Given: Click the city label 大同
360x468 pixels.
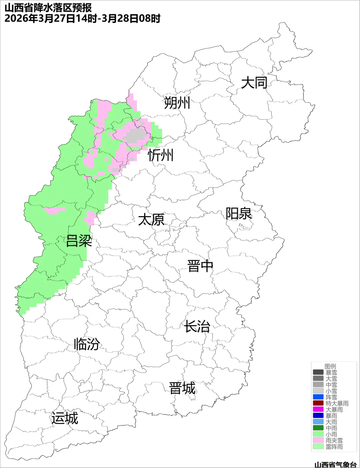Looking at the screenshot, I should coord(254,83).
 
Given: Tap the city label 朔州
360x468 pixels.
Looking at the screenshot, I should coord(177,103).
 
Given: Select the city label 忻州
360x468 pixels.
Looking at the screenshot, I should coord(161,155).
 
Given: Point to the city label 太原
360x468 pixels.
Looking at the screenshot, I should coord(151,220).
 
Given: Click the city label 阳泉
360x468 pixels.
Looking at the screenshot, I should coord(239,214).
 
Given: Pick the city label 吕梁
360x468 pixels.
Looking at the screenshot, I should coord(79,240).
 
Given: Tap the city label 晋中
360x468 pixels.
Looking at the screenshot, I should coord(200,266).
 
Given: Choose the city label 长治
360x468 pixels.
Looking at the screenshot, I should coord(197,326).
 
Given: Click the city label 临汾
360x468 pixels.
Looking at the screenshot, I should coord(87,344).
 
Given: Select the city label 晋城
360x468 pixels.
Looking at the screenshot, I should coord(182,388).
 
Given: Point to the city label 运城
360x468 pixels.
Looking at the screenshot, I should coord(65,418).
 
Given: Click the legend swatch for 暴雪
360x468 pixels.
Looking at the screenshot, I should coord(318,372).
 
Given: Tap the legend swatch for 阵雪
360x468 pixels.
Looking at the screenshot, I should coord(318,397).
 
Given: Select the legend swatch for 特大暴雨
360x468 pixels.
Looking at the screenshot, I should coord(318,403).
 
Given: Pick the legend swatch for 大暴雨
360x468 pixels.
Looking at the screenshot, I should coord(318,409).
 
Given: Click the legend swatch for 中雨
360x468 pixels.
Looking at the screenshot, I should coord(318,428).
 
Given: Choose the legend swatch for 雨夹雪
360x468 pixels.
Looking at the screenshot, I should coord(318,440).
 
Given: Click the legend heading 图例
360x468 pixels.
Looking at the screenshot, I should coord(330,366).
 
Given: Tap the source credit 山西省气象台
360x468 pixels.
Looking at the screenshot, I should coord(335,464).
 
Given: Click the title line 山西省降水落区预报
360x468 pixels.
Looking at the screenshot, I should coord(48,8).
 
